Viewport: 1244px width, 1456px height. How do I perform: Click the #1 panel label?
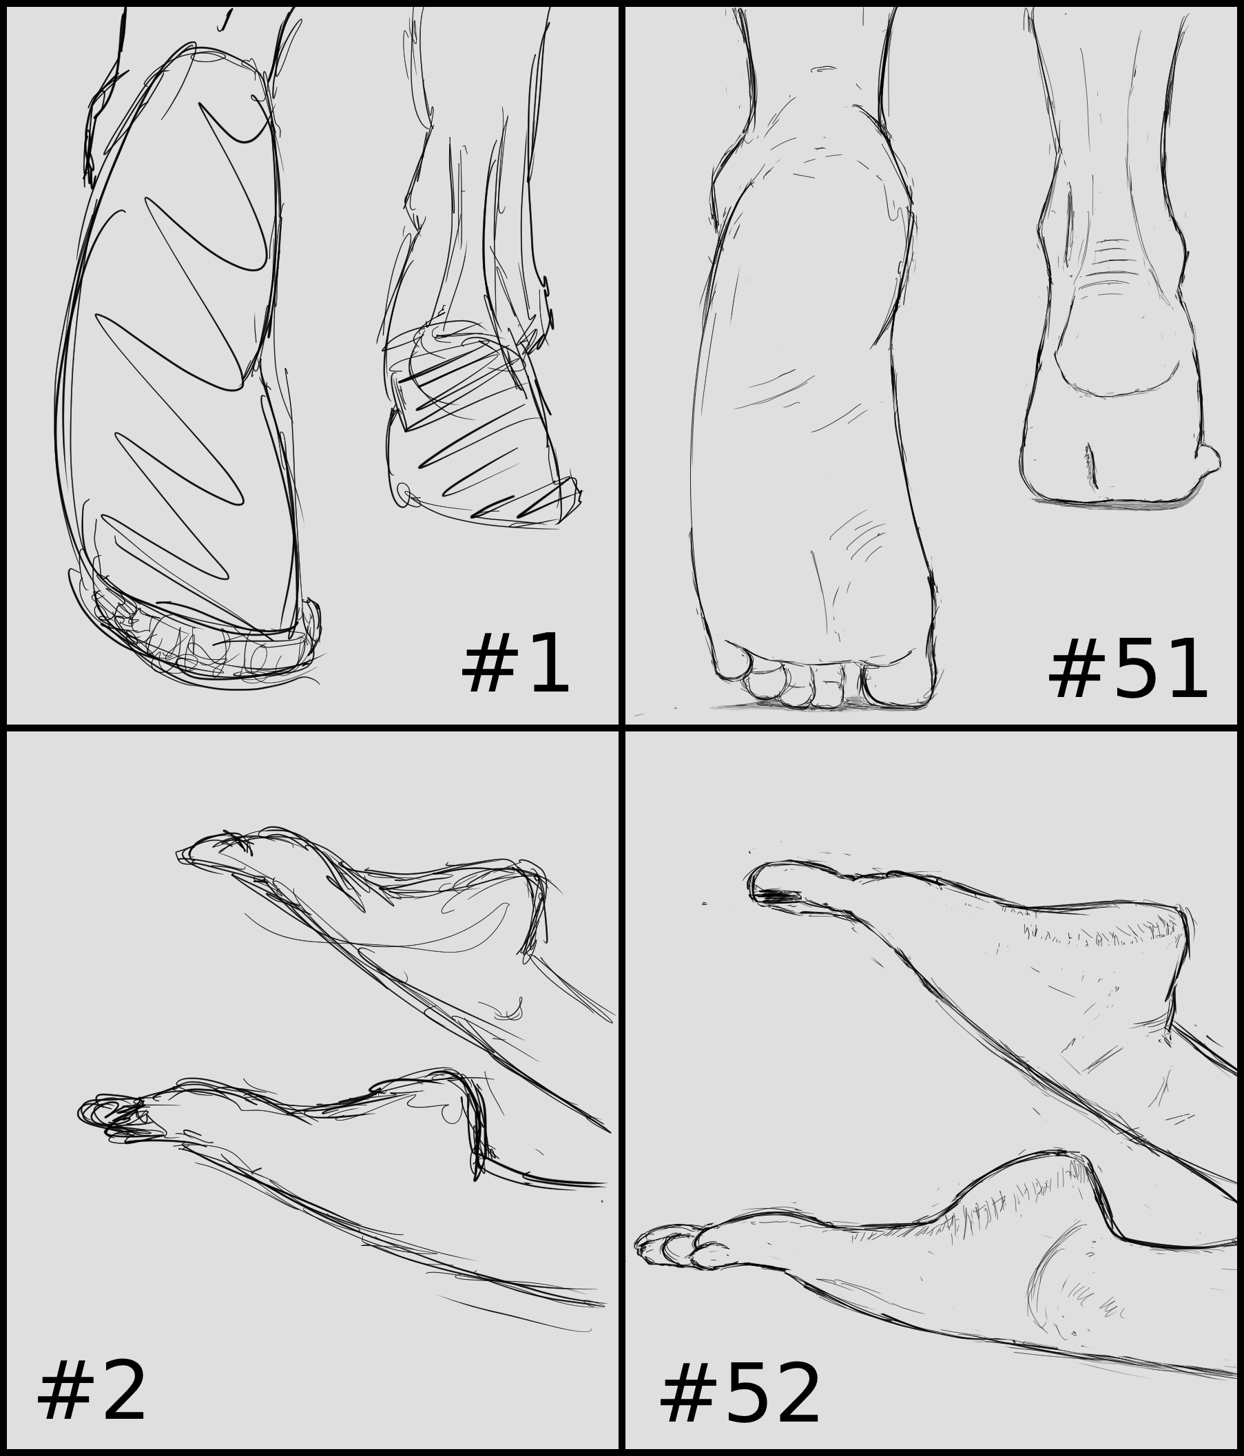[515, 663]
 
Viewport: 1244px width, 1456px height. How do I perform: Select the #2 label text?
[92, 1391]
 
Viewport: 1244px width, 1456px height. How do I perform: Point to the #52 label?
[739, 1393]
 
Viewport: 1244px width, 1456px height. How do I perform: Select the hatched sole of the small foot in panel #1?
[478, 428]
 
